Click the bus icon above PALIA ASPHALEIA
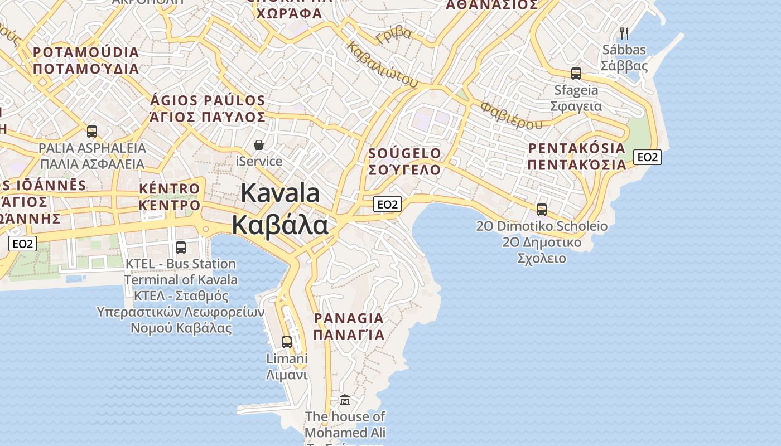[92, 132]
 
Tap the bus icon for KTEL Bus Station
[181, 247]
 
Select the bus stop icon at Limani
[287, 342]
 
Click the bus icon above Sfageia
[576, 73]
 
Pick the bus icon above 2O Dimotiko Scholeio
[541, 210]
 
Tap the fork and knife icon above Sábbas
[624, 33]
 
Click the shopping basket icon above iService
[259, 145]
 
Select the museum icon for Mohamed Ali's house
[345, 400]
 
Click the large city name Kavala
[280, 193]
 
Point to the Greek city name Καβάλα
[280, 225]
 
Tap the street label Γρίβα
[394, 36]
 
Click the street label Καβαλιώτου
[382, 65]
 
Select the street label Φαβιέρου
[511, 114]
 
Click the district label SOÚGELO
[405, 153]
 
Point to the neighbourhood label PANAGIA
[349, 318]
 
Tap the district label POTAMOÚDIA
[86, 52]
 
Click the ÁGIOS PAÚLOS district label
[208, 101]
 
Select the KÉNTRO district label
[169, 188]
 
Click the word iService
[259, 162]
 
